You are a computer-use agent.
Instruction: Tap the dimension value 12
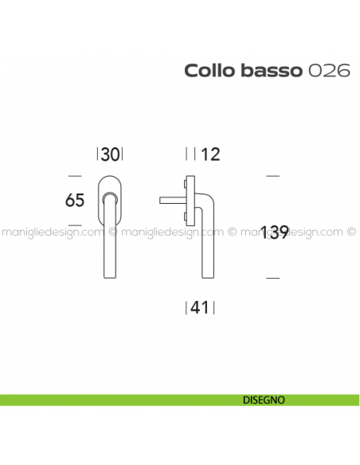pos(210,154)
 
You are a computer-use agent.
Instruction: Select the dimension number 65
pos(75,201)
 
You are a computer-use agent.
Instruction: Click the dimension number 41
pos(200,307)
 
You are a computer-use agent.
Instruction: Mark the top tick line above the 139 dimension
pos(272,174)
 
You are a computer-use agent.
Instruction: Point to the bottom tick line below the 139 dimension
pos(272,277)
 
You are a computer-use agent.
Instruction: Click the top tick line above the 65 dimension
pos(75,174)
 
